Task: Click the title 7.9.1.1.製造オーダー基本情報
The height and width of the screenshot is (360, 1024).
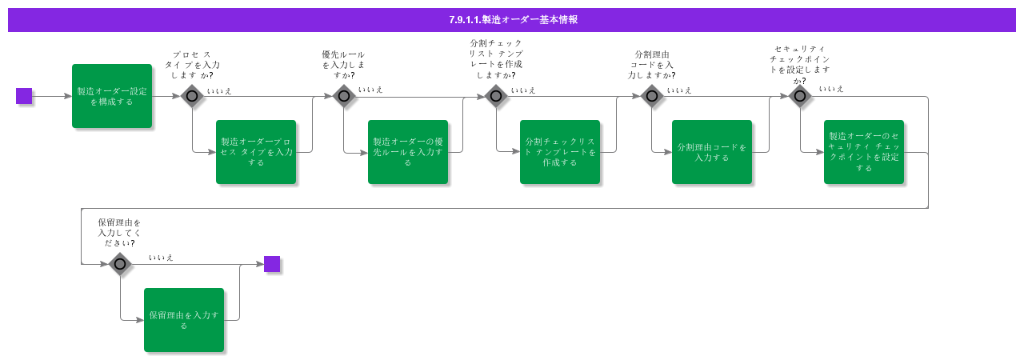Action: click(x=512, y=20)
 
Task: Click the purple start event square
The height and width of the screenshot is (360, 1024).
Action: click(x=24, y=96)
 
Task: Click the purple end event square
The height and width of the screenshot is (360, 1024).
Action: click(x=272, y=264)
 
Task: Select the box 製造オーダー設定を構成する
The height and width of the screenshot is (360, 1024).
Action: click(x=112, y=96)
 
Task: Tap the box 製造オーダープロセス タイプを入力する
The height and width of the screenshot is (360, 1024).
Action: click(x=256, y=152)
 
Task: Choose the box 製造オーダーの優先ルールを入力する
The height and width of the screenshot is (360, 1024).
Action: click(x=408, y=152)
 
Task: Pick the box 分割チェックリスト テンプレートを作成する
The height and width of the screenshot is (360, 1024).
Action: click(x=560, y=152)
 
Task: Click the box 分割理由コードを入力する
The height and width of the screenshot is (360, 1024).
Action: click(x=712, y=152)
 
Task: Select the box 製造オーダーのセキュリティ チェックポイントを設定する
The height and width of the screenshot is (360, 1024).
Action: click(x=864, y=152)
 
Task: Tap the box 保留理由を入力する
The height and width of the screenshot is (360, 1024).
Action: click(x=184, y=320)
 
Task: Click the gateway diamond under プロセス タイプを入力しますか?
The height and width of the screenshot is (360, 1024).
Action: click(x=192, y=96)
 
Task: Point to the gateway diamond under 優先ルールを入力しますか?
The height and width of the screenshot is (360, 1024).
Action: click(x=344, y=96)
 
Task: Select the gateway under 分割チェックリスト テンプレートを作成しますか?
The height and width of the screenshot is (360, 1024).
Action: click(x=496, y=96)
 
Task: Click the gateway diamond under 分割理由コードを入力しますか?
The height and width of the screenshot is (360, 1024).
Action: click(x=652, y=96)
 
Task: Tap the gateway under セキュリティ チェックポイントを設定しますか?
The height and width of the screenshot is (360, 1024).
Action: click(x=800, y=96)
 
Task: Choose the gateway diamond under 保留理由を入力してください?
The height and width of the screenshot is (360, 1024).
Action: click(x=120, y=263)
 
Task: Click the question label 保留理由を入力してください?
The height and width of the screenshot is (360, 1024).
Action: click(x=120, y=233)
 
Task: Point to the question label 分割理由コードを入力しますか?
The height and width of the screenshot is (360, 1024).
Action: click(x=652, y=65)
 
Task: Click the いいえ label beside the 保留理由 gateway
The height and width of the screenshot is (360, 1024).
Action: click(x=161, y=258)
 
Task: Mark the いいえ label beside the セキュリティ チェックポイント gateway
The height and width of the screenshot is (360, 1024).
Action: click(x=831, y=89)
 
